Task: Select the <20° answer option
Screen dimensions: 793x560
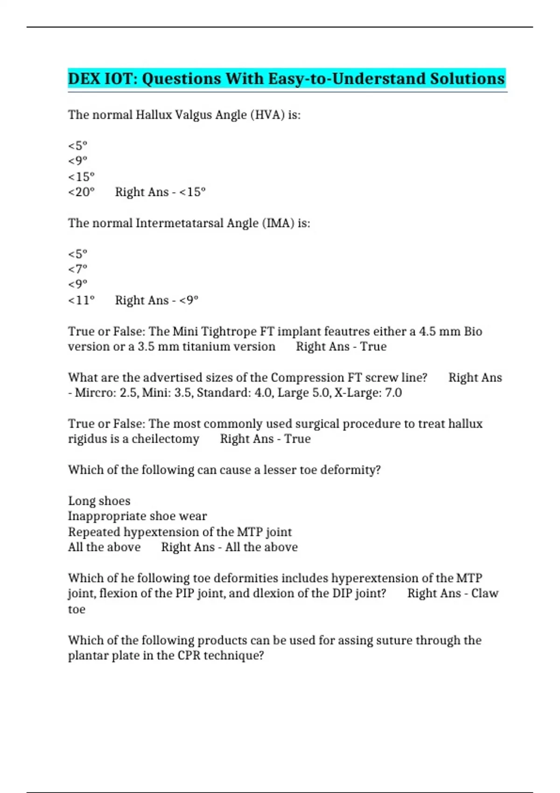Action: [81, 192]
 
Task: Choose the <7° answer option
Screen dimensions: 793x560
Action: [77, 269]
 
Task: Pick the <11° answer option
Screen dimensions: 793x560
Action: [81, 300]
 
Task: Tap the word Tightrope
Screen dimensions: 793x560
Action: [229, 331]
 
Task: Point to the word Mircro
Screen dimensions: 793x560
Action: [92, 393]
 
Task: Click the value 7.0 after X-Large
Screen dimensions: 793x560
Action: [393, 393]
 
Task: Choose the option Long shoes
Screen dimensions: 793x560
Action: [99, 501]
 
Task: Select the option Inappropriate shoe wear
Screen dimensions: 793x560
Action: [137, 516]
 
